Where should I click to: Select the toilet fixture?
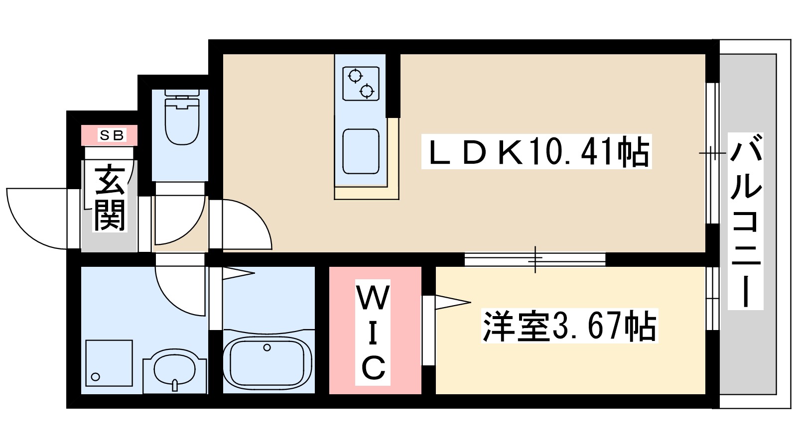(x=181, y=119)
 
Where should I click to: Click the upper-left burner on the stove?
(x=355, y=76)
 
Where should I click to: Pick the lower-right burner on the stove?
(x=367, y=91)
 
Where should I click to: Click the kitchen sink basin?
(x=361, y=151)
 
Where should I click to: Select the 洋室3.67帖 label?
(x=569, y=326)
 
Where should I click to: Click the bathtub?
(x=267, y=361)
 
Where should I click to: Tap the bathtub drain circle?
(x=267, y=347)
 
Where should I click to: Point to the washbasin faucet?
(x=174, y=385)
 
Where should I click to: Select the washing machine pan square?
(x=109, y=363)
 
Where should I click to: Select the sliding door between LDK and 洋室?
(x=535, y=259)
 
